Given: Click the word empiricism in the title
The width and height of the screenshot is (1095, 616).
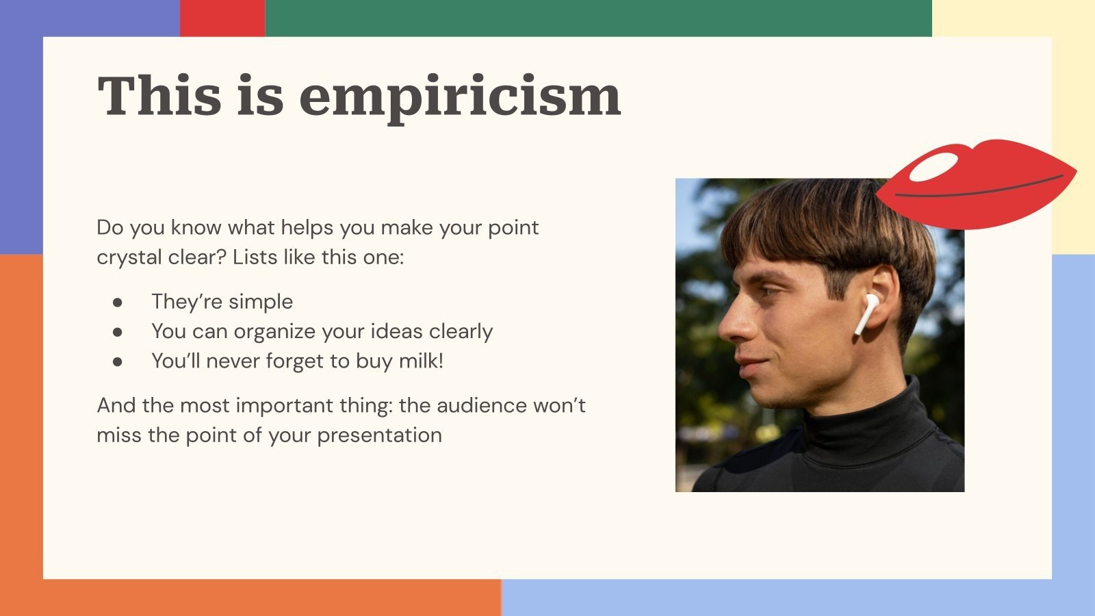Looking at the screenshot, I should coord(460,96).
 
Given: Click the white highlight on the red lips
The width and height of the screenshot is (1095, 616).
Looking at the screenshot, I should coord(934,166).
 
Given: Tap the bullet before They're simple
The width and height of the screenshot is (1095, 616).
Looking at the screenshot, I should coord(118,302).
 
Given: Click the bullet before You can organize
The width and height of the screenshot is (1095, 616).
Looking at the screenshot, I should coord(118,332).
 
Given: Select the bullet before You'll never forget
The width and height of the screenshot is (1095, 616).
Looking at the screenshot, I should coord(118,361).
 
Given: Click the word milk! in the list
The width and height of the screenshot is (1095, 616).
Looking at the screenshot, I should coord(421,361).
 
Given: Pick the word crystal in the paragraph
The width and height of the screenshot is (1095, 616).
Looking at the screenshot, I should coord(128,257).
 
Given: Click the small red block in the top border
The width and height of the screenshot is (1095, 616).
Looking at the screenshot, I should coord(222,18).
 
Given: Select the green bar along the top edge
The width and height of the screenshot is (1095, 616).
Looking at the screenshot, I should coord(598,18).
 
